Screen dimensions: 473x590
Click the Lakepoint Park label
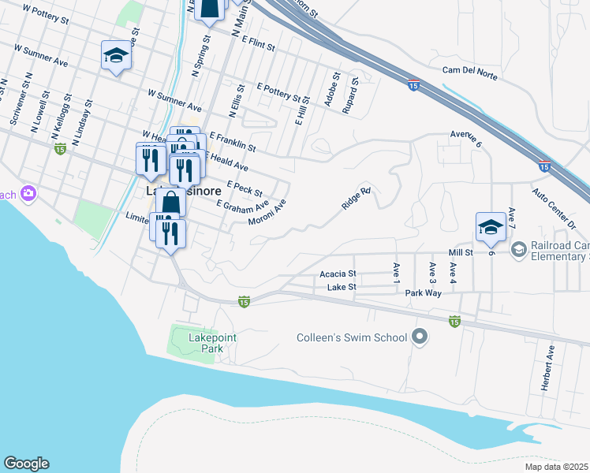coord(212,344)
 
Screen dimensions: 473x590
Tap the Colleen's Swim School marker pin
coord(420,337)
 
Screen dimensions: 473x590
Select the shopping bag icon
coord(174,203)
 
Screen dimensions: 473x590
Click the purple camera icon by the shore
coord(29,193)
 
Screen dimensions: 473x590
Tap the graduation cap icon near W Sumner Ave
coord(116,55)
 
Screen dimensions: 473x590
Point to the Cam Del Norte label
coord(472,70)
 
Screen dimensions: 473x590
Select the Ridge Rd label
coord(356,198)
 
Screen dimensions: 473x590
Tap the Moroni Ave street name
coord(267,211)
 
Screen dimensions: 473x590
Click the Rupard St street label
coord(350,95)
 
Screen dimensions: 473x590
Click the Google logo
coord(26,464)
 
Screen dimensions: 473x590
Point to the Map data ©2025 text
coord(555,467)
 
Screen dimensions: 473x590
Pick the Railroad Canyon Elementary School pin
coord(519,250)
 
